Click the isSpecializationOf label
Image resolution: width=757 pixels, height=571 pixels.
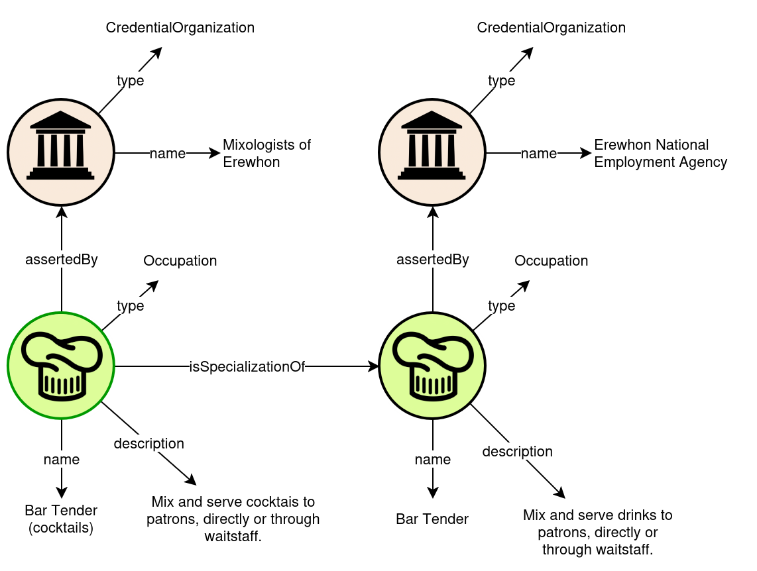coord(247,367)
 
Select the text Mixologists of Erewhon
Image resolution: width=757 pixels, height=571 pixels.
coord(273,153)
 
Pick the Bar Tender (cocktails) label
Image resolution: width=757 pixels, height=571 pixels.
coord(61,519)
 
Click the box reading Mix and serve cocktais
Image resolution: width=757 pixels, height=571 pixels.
coord(233,519)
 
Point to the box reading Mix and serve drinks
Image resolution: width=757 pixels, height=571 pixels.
coord(597,532)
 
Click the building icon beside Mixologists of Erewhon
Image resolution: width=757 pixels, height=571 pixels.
coord(61,152)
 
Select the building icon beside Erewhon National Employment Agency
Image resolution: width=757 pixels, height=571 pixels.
coord(432,152)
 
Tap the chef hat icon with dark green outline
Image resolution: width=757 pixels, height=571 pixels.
coord(61,366)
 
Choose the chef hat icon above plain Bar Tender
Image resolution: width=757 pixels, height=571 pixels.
coord(432,366)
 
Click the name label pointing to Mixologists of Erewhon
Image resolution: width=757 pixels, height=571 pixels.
coord(168,154)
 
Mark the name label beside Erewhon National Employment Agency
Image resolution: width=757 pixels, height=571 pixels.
coord(539,154)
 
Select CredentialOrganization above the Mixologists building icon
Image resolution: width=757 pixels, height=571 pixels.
coord(180,28)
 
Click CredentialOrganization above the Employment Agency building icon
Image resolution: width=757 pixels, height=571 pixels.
coord(552,28)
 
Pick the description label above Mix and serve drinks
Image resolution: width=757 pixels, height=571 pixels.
coord(517,452)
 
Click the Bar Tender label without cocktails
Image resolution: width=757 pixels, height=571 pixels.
coord(432,519)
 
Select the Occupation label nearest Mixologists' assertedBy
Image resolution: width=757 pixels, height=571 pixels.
coord(180,261)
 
